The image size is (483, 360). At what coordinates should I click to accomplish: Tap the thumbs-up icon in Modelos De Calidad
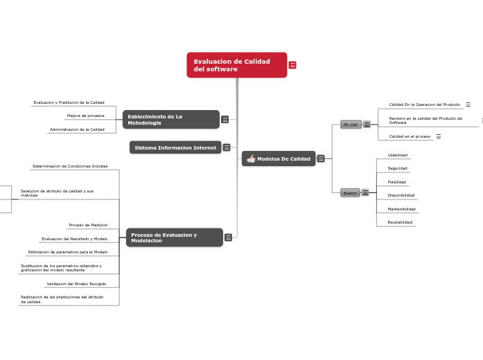pos(251,159)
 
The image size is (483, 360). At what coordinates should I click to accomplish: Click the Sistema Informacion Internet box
pos(175,147)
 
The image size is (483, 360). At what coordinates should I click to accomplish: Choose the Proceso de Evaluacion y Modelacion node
pos(174,237)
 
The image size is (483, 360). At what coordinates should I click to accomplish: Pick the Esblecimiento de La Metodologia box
pos(170,120)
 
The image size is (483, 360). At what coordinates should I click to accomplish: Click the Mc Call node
pos(351,125)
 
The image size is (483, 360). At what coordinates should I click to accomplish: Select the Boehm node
pos(350,193)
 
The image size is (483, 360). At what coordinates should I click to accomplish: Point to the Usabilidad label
pos(397,155)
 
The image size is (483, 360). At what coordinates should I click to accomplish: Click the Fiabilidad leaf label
pos(397,182)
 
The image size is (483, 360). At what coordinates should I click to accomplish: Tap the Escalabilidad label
pos(400,222)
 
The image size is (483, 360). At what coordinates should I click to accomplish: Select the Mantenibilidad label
pos(401,208)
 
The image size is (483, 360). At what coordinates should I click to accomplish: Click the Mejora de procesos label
pos(85,116)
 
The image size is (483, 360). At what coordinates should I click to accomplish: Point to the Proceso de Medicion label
pos(88,225)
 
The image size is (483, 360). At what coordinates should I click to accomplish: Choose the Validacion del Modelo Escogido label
pos(76,284)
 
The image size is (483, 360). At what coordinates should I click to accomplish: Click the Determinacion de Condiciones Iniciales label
pos(70,166)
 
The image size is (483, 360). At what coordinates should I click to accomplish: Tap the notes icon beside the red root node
pos(292,65)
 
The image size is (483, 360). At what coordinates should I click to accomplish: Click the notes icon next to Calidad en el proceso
pos(439,136)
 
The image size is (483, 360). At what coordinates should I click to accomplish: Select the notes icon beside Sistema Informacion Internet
pos(227,147)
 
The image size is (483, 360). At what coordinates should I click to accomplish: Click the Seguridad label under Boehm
pos(397,168)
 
